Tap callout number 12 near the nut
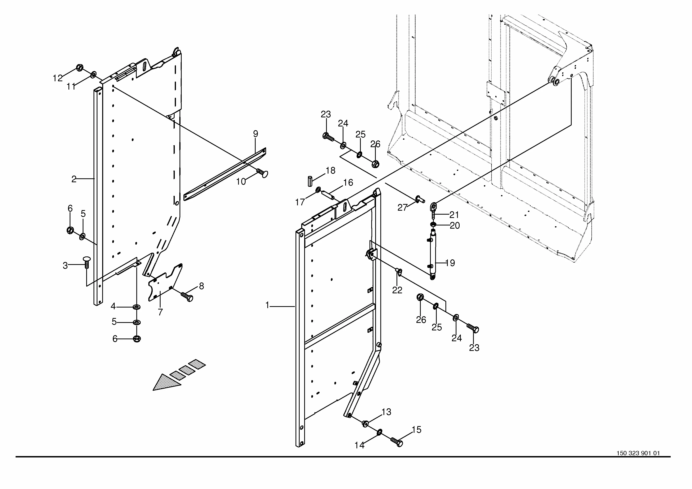click(58, 78)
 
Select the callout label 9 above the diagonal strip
click(256, 134)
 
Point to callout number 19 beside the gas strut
click(450, 263)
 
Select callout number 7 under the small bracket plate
click(160, 312)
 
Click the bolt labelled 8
click(187, 297)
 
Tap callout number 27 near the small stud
click(402, 208)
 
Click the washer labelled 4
click(137, 307)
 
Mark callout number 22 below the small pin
click(397, 290)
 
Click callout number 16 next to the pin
click(348, 183)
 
